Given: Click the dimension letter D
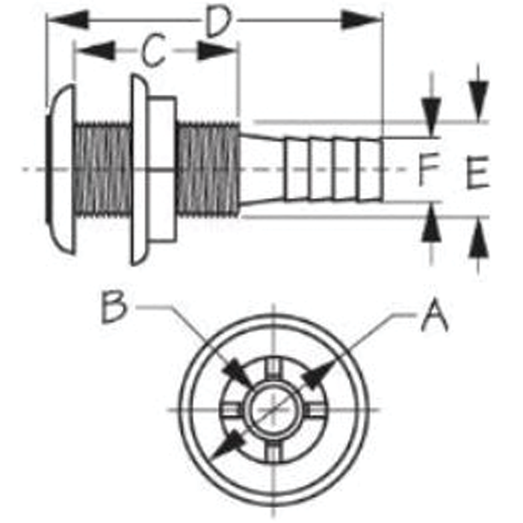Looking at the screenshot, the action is [x=218, y=22].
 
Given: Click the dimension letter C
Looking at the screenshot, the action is [x=153, y=50].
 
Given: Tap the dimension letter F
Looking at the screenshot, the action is [x=428, y=168].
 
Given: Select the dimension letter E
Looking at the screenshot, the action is [x=477, y=173].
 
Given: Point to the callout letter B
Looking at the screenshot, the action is [x=114, y=307].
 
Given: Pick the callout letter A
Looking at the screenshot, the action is [x=435, y=315].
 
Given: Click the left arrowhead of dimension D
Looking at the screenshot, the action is [x=69, y=19].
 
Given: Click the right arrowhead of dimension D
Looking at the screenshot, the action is [x=361, y=20].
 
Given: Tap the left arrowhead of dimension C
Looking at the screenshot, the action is [x=95, y=51].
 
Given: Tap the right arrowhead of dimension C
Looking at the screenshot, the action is [x=217, y=51].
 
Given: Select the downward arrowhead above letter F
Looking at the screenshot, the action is [x=431, y=117].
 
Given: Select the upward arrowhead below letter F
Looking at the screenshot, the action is [x=432, y=223].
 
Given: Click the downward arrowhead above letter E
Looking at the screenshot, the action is [x=478, y=101].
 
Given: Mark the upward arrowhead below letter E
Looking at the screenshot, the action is [x=479, y=238].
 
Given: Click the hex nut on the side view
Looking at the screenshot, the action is [x=161, y=170].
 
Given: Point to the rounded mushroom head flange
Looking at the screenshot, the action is [x=61, y=170].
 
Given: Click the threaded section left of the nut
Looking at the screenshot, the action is [x=103, y=170].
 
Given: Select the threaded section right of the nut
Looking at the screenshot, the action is [x=208, y=170].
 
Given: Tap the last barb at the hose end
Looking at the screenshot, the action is [x=371, y=170].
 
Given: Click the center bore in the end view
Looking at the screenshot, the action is [x=273, y=409].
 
